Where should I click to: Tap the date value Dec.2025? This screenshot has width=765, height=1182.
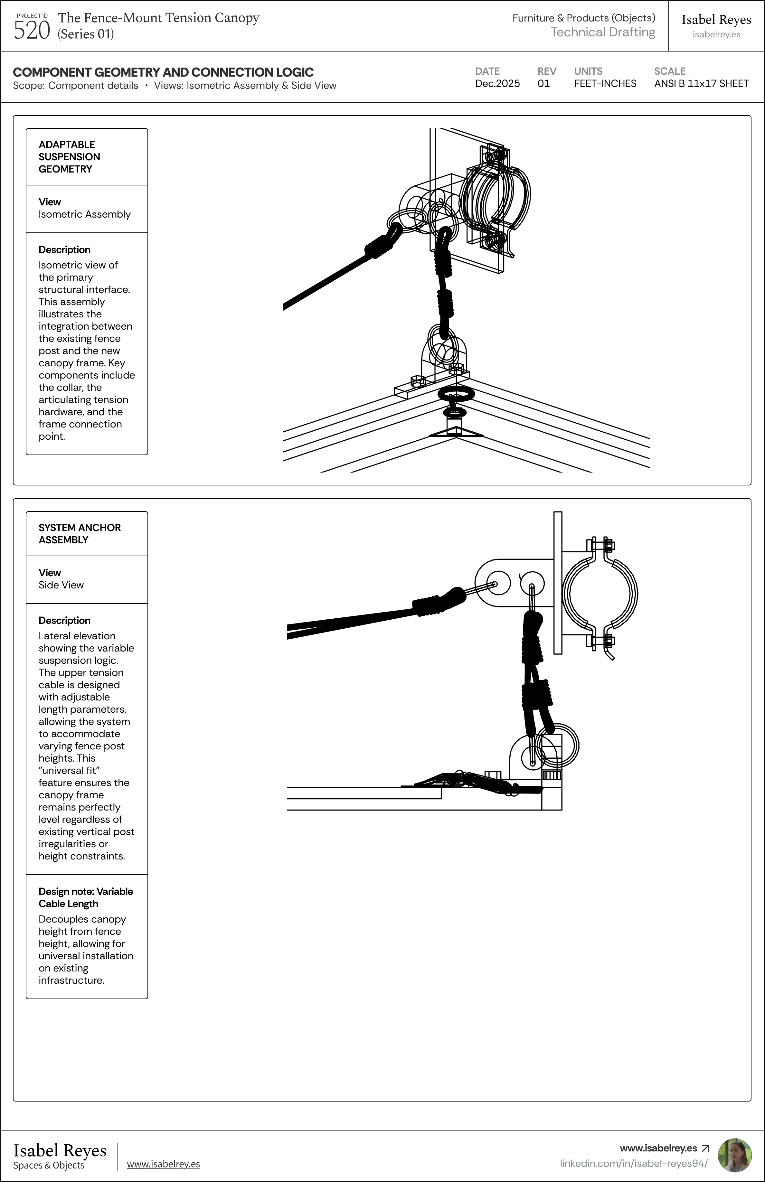pos(497,83)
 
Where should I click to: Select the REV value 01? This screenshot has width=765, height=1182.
pos(543,83)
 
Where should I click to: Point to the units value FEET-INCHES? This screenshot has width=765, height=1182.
pos(605,83)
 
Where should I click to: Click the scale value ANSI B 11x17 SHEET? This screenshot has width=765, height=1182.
pos(701,83)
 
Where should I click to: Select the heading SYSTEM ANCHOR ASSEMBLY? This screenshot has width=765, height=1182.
pos(80,533)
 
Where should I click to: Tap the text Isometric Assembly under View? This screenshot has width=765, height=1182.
pos(84,214)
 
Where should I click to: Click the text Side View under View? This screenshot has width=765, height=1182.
pos(61,585)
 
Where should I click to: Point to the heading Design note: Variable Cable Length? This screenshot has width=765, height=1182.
pos(85,897)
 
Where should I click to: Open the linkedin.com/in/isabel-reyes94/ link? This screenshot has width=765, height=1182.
pos(633,1163)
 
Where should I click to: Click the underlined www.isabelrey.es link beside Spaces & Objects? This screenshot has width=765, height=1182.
pos(164,1164)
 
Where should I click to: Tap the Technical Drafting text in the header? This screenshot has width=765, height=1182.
pos(602,32)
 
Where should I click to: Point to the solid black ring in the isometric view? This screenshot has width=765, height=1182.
pos(456,394)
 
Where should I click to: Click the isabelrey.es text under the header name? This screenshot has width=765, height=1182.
pos(716,34)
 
